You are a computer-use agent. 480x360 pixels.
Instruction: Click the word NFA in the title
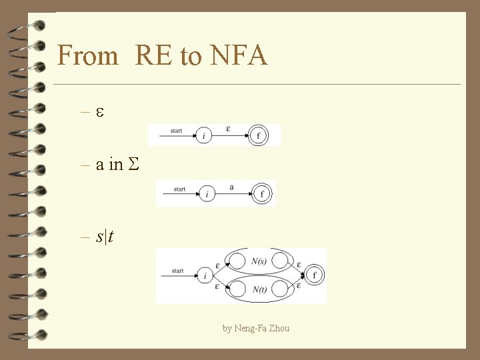tap(238, 55)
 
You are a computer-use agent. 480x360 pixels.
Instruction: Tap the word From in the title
tap(88, 55)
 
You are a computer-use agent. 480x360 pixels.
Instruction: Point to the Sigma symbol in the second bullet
tap(133, 165)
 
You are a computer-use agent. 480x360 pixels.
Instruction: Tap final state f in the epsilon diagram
tap(259, 136)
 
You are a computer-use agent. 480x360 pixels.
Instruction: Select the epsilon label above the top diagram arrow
tap(229, 129)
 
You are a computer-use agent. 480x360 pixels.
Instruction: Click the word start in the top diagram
tap(176, 131)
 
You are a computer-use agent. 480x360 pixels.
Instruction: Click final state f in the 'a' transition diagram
tap(261, 194)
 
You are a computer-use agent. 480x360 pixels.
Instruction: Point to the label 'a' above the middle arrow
tap(231, 187)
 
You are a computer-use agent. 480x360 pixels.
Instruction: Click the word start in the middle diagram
tap(179, 189)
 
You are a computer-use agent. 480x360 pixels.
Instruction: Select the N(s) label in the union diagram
tap(259, 262)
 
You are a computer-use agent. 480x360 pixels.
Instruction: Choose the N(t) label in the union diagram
tap(259, 289)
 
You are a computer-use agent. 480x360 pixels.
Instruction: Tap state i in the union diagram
tap(205, 275)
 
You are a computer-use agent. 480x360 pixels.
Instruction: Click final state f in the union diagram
tap(314, 275)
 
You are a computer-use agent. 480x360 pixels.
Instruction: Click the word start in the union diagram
tap(177, 271)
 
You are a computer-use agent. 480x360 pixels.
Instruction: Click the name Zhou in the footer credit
tap(279, 328)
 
